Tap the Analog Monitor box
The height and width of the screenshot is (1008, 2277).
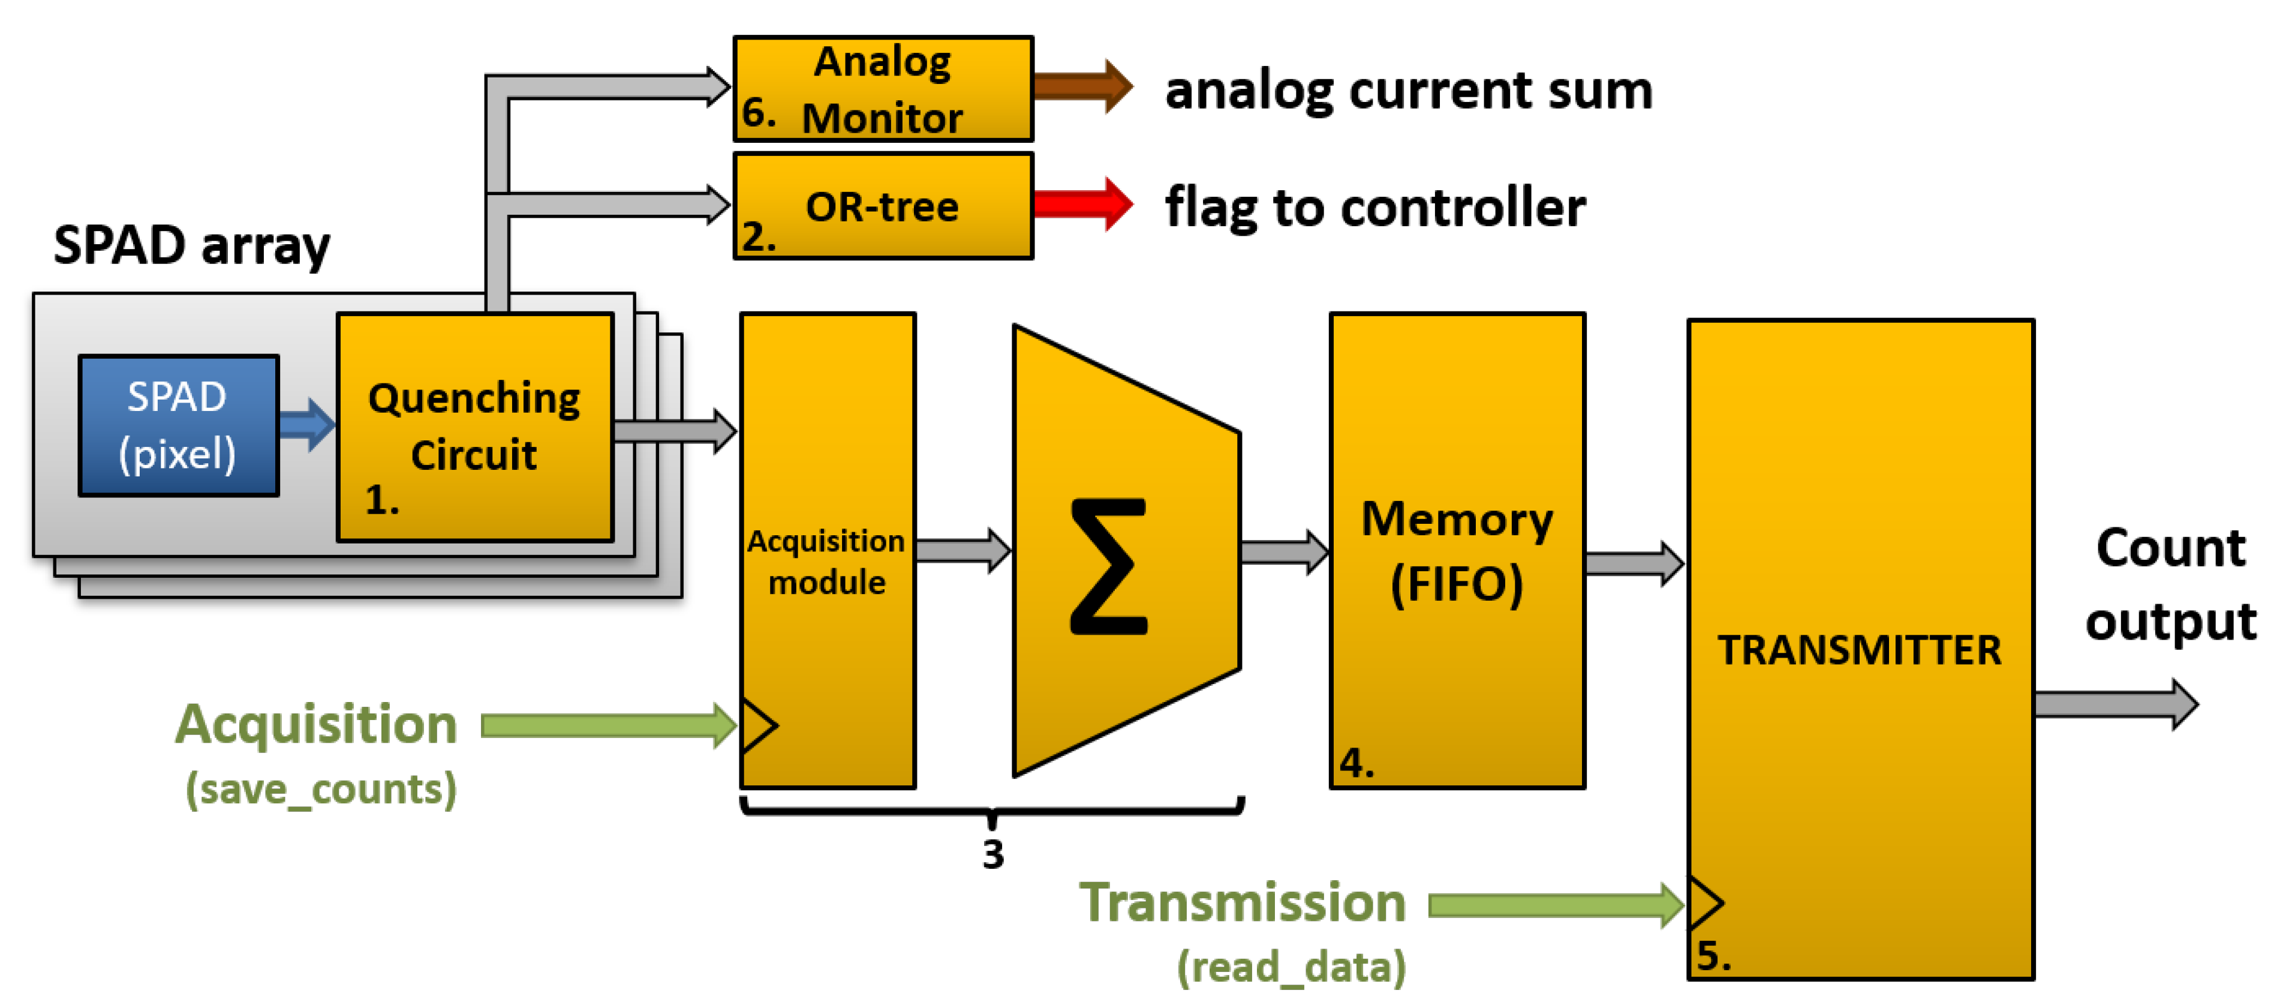click(882, 88)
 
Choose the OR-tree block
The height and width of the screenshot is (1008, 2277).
click(882, 206)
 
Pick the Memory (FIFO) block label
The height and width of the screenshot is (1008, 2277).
click(1457, 550)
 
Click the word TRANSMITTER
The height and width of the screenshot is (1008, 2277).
click(1859, 650)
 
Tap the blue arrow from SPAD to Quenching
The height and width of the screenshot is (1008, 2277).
click(306, 424)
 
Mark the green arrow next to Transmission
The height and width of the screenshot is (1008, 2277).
click(1556, 905)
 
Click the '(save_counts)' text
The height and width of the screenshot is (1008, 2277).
click(320, 789)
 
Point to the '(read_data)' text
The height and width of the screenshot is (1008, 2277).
click(1291, 967)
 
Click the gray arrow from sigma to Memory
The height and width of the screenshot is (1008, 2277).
click(1283, 553)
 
